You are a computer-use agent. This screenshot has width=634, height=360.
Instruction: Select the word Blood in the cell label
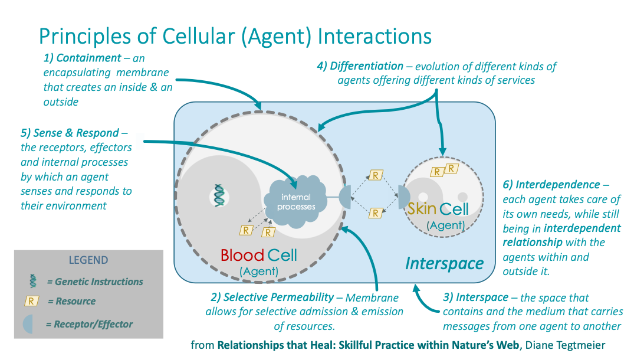241,256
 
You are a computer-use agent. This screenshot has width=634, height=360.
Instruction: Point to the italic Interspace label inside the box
444,263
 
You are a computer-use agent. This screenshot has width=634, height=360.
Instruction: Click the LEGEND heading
88,260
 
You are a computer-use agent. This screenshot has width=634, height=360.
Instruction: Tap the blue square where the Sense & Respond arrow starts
140,142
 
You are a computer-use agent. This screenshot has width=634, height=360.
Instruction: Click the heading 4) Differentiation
360,66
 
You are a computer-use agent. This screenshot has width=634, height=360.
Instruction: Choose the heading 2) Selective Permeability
274,298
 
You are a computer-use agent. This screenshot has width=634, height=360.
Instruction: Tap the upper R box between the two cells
375,175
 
